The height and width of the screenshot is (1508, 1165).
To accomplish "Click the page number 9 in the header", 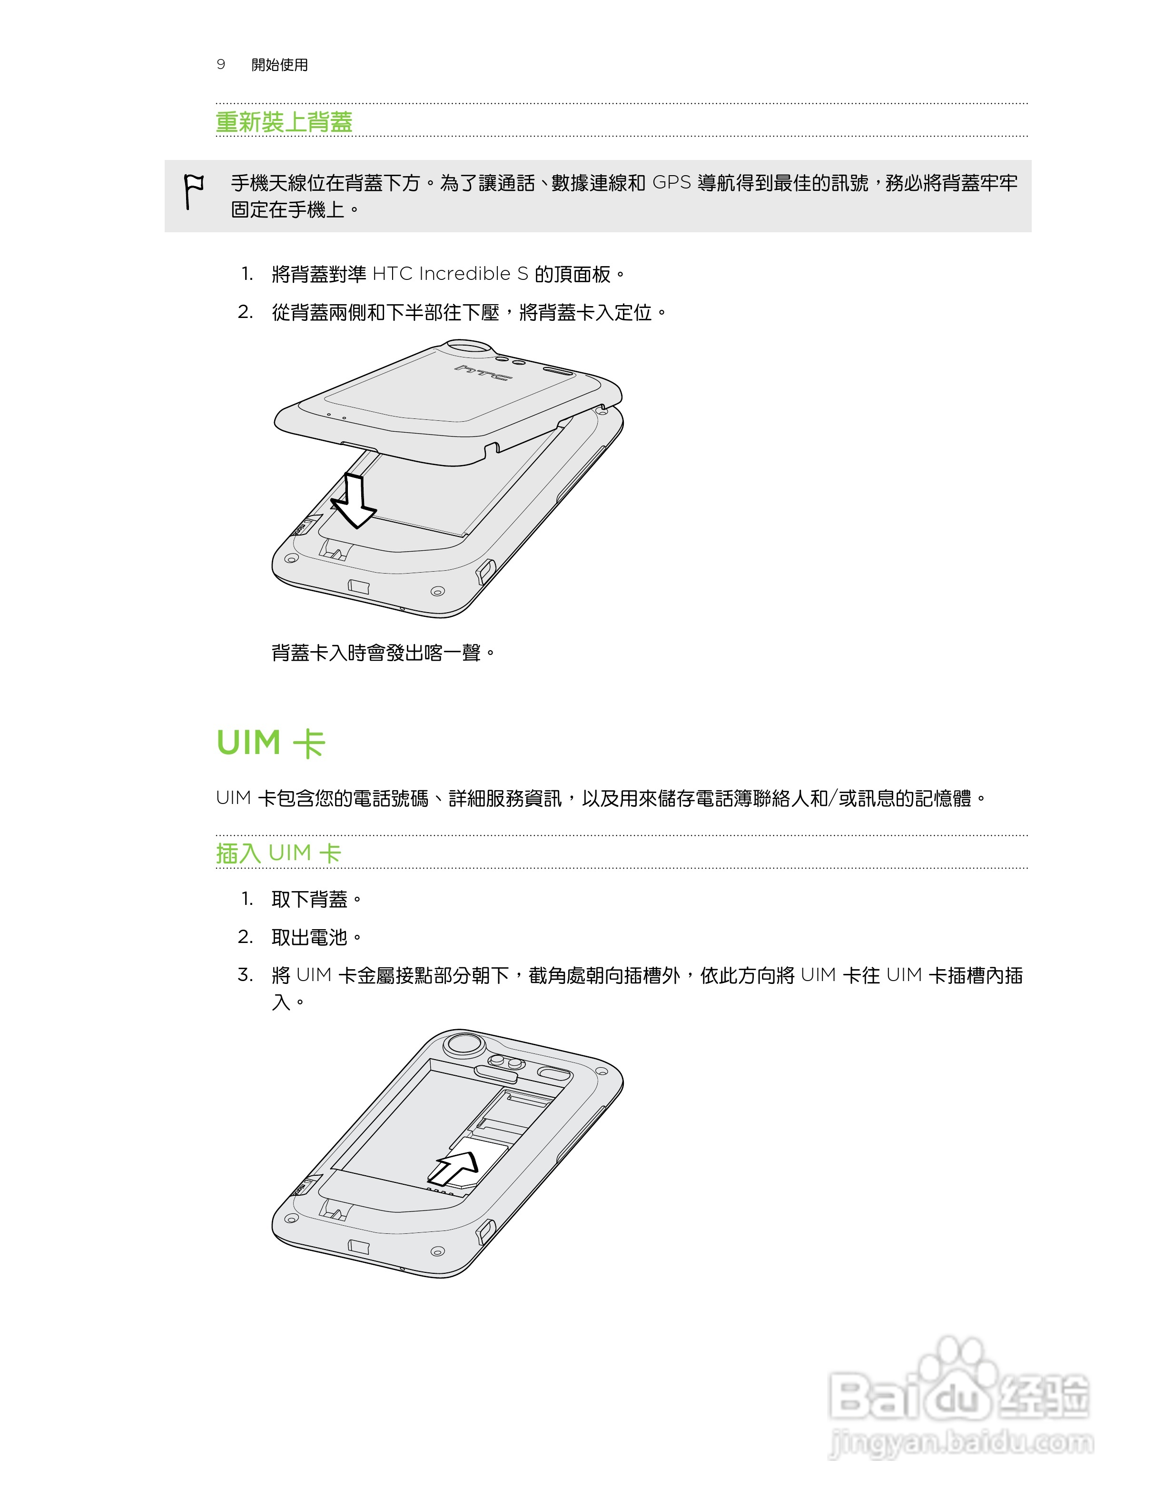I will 221,64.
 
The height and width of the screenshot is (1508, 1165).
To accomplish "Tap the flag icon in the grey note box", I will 193,190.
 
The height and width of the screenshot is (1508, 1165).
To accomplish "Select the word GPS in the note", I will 671,183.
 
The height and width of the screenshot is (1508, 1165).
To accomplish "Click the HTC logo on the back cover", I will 483,373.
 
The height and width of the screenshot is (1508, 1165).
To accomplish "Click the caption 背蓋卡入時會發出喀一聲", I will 383,653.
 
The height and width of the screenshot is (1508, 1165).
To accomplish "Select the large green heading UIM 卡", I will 270,743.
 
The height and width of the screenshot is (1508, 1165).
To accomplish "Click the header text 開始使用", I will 279,65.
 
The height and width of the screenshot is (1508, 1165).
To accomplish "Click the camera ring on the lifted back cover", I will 469,346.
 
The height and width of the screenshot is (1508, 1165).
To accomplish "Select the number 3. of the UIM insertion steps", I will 246,975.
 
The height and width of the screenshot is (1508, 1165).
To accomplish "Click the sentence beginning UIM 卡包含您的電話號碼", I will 601,799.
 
